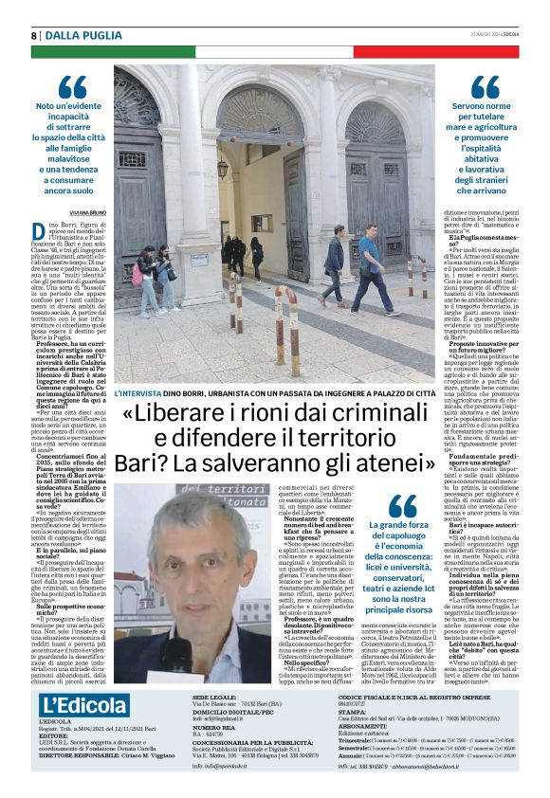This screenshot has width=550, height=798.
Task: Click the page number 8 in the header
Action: [35, 35]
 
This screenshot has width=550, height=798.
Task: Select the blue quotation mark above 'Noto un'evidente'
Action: [72, 87]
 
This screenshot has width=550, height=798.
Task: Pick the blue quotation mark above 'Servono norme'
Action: [485, 87]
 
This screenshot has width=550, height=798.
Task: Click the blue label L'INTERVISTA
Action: [143, 392]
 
